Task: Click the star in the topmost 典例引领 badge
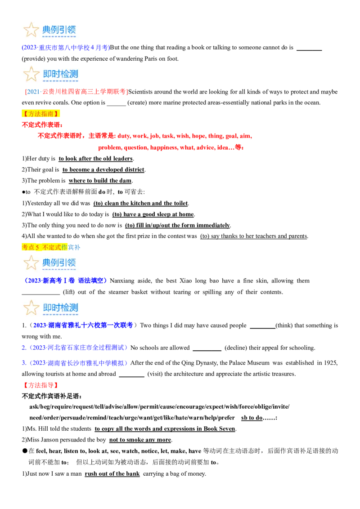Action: [31, 30]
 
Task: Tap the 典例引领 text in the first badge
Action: [59, 30]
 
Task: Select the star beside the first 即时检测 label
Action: [31, 74]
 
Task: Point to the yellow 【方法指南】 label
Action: [41, 114]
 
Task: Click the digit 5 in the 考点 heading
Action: [37, 247]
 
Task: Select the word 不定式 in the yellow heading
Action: [52, 247]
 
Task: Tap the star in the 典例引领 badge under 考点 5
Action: [31, 263]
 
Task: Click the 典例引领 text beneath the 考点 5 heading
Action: [59, 263]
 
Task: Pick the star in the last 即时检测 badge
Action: [31, 308]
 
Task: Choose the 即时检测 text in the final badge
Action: [60, 308]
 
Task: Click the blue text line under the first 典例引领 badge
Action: [66, 48]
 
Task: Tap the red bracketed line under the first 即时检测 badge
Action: [77, 92]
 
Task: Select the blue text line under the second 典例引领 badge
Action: [65, 281]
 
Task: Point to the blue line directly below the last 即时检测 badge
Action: [83, 325]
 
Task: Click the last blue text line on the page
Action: [76, 362]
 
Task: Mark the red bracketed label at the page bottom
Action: [40, 385]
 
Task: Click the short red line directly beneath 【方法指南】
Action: [42, 125]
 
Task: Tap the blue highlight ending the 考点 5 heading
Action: [74, 247]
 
